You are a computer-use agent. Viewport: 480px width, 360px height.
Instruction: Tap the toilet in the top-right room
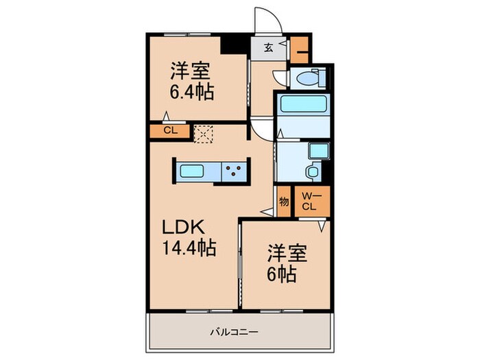(x=307, y=79)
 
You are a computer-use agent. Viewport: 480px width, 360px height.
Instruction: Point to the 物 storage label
(x=283, y=202)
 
